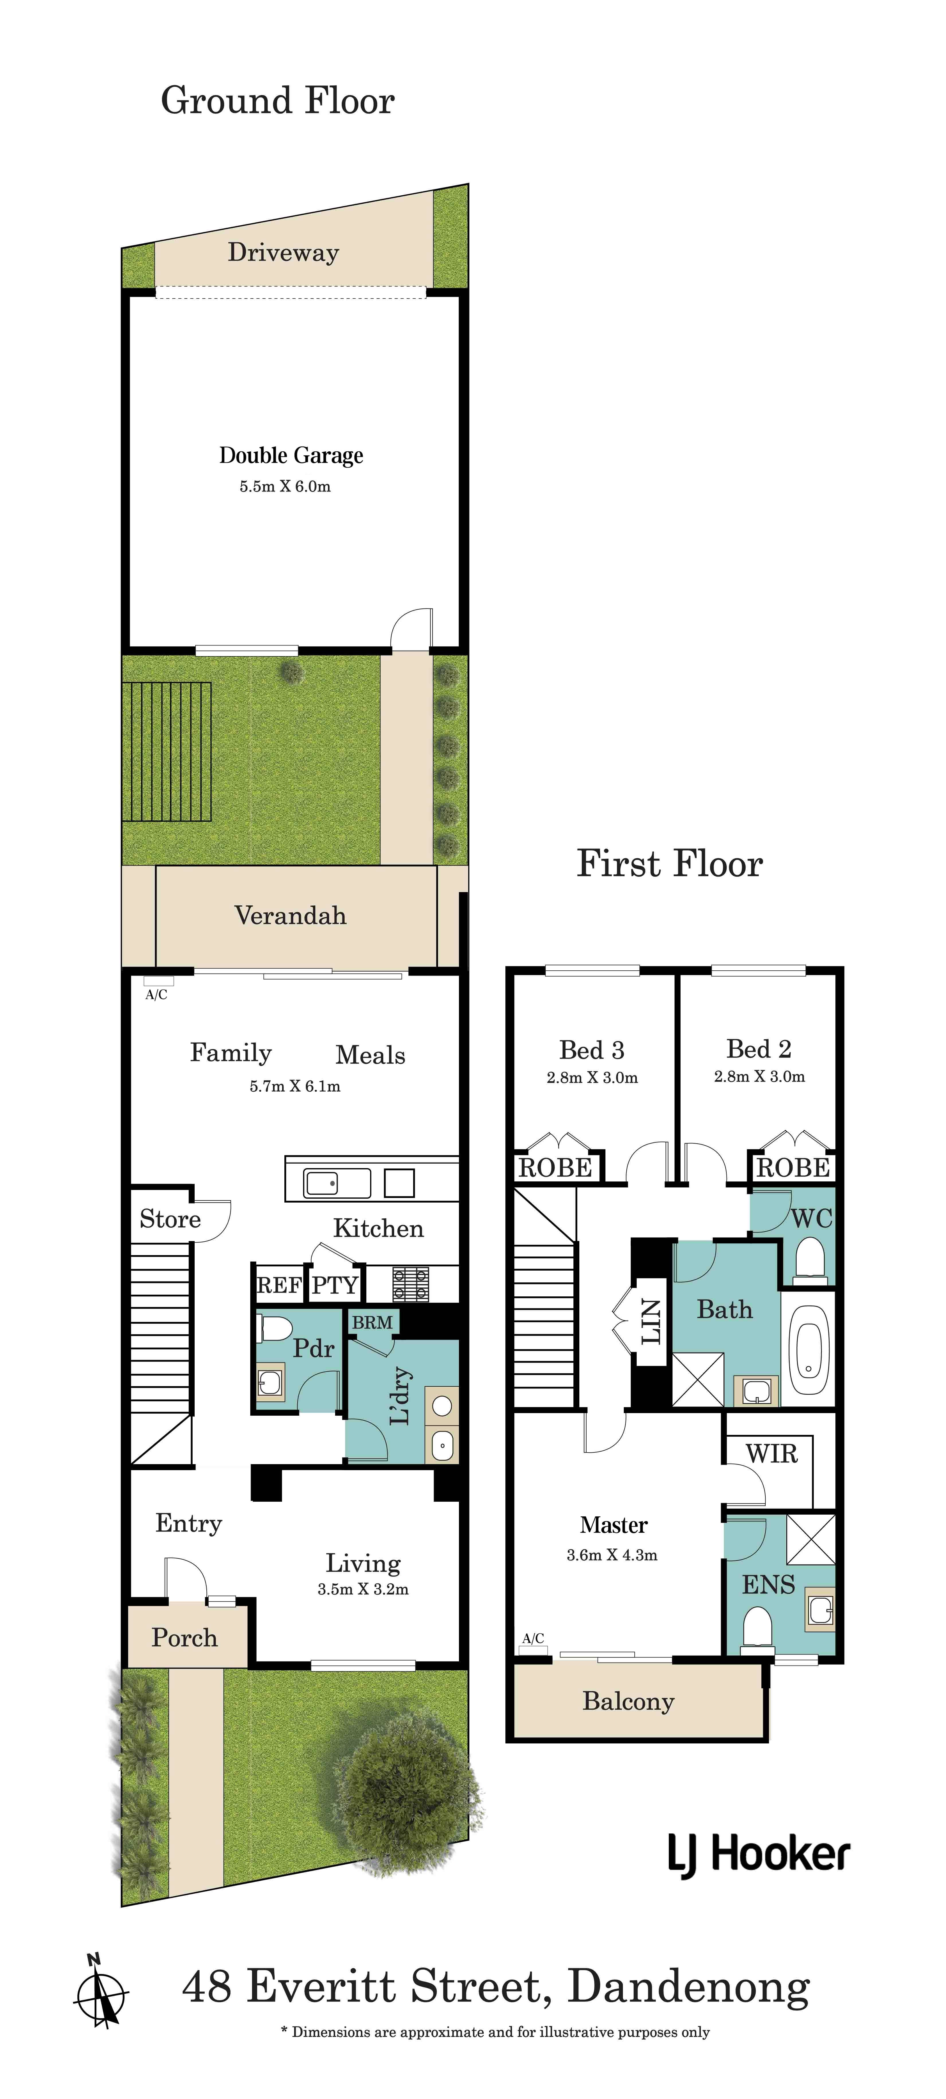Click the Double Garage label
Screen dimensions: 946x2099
point(291,455)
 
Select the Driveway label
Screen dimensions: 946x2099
point(283,253)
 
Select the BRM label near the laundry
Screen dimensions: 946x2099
point(372,1322)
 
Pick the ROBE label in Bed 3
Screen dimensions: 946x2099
point(556,1168)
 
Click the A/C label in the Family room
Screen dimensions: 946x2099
point(157,995)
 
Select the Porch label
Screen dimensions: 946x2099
point(185,1638)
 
